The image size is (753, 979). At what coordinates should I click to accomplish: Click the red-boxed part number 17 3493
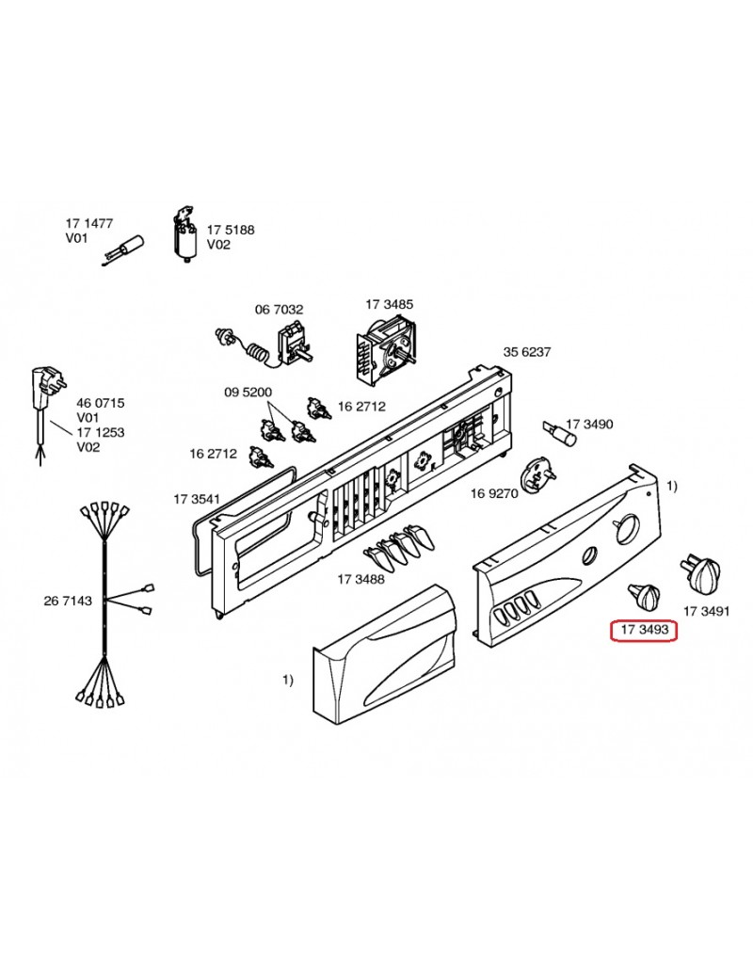point(644,628)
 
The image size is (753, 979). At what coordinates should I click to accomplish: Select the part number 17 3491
point(706,611)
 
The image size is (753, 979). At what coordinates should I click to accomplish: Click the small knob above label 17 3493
point(645,595)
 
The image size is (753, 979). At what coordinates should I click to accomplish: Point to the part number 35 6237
point(527,352)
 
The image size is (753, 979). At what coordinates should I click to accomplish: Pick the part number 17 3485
point(389,304)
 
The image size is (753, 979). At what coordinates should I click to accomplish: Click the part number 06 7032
point(279,309)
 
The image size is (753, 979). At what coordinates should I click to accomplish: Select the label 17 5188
point(231,230)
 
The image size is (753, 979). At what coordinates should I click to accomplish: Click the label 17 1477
point(88,223)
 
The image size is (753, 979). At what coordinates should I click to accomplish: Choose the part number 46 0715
point(101,403)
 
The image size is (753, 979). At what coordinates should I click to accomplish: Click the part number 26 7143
point(68,600)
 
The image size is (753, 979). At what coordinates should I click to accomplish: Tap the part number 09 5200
point(248,392)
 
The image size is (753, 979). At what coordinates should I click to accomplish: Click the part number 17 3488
point(360,579)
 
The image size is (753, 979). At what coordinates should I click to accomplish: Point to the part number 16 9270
point(494,492)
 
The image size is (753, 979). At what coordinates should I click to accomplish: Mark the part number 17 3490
point(589,425)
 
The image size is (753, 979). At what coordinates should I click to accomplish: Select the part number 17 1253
point(101,434)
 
